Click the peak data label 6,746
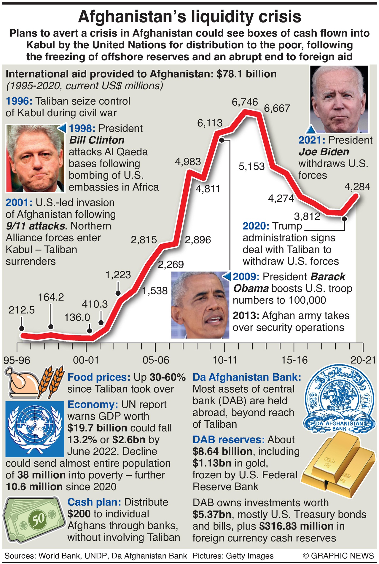point(245,102)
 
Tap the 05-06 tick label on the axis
point(156,360)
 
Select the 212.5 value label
point(21,310)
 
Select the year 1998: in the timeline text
point(82,128)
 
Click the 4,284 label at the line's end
point(357,187)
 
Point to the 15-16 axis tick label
point(294,360)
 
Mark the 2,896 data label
point(198,240)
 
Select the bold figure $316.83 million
point(296,526)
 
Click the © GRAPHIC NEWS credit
point(338,555)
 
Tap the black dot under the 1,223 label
point(118,293)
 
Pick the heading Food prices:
point(99,377)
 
